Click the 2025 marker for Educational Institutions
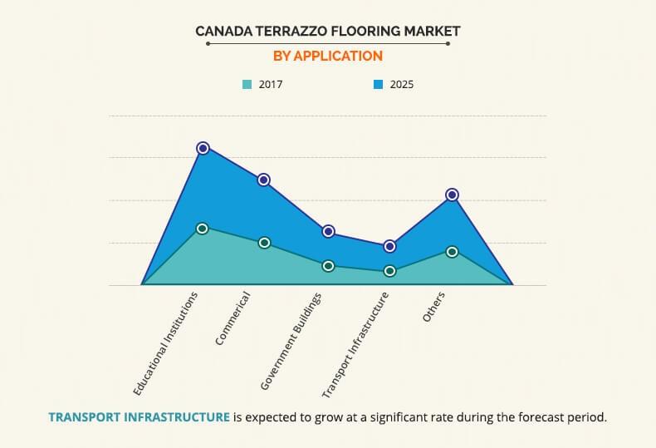(x=203, y=148)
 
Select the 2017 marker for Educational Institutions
(x=203, y=228)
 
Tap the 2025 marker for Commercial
(x=264, y=180)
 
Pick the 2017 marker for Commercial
(x=264, y=243)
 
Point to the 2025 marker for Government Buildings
(x=328, y=231)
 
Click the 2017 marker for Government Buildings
(x=328, y=266)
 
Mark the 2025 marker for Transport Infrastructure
(x=389, y=246)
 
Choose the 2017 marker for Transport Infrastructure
(x=389, y=271)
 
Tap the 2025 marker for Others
(x=453, y=194)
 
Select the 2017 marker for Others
(x=453, y=251)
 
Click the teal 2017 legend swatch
(x=247, y=84)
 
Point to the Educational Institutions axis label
(x=166, y=342)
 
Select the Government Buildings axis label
(x=292, y=341)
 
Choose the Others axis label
(x=433, y=307)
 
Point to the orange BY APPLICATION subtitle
(x=328, y=56)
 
